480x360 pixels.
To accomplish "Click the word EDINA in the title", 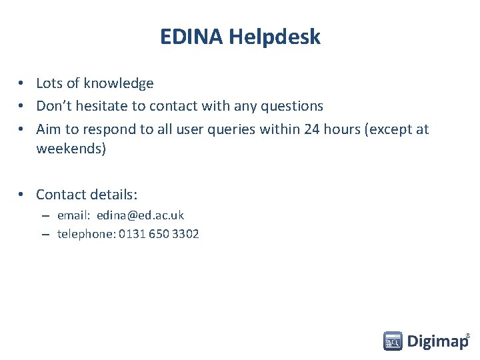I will tap(191, 37).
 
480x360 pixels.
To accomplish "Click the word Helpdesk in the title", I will tap(274, 37).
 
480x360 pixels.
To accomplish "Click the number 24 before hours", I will tap(311, 129).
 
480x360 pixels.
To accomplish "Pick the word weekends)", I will tap(71, 149).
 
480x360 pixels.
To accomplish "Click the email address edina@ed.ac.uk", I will tap(140, 215).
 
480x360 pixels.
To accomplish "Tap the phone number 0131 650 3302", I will tap(159, 234).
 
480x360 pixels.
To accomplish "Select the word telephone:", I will tap(86, 234).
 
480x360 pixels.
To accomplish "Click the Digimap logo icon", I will tap(393, 341).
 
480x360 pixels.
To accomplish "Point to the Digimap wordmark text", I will tap(437, 342).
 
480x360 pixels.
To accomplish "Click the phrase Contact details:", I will tap(87, 195).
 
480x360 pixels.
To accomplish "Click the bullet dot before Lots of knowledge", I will tap(22, 83).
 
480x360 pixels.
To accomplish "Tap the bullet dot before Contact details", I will tap(22, 195).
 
